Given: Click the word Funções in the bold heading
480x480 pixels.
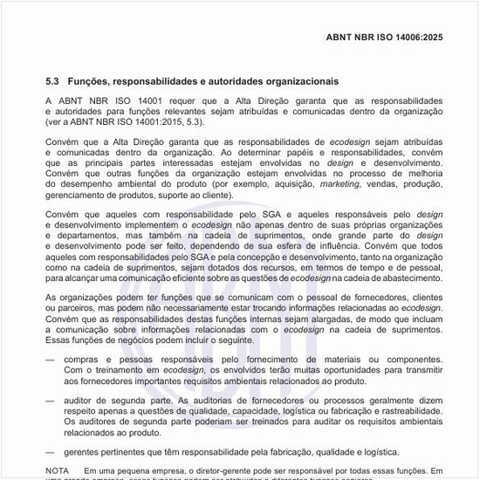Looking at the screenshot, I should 91,80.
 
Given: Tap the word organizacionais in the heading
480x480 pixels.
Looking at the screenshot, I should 284,80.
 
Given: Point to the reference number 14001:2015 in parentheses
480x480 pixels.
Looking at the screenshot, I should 162,123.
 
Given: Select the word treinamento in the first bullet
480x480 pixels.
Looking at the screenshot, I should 109,370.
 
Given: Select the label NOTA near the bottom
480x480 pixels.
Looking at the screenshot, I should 58,470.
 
